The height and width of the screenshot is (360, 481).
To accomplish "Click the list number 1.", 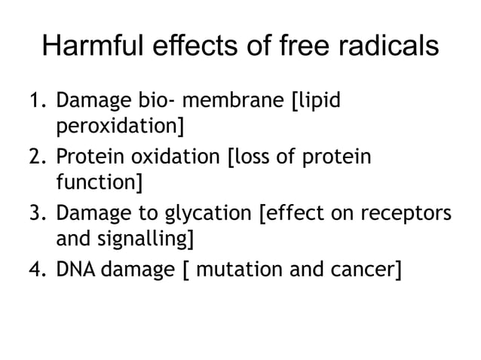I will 34,100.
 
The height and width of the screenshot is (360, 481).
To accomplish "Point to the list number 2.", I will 34,157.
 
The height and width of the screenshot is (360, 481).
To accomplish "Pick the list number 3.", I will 34,215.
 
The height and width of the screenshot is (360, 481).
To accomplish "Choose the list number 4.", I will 34,269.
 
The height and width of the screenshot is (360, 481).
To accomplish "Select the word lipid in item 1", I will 317,102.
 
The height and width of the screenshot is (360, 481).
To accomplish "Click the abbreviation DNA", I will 72,269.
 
